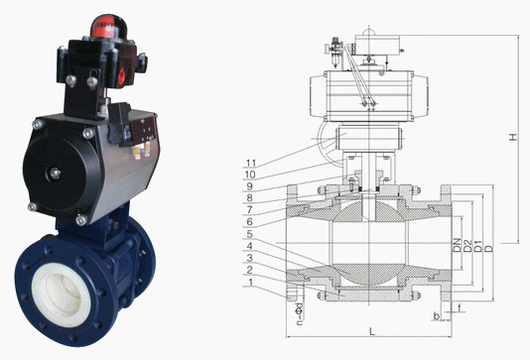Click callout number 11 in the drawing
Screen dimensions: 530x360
pyautogui.click(x=251, y=164)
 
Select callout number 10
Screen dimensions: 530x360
pyautogui.click(x=250, y=175)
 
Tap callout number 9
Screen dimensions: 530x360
pyautogui.click(x=249, y=186)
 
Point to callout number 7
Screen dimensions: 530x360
pyautogui.click(x=249, y=209)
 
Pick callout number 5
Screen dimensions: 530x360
pyautogui.click(x=249, y=234)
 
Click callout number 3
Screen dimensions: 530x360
pyautogui.click(x=249, y=258)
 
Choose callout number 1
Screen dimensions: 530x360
pyautogui.click(x=250, y=282)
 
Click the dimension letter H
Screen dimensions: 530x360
pyautogui.click(x=513, y=137)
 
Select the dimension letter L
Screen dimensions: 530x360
pyautogui.click(x=372, y=331)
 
